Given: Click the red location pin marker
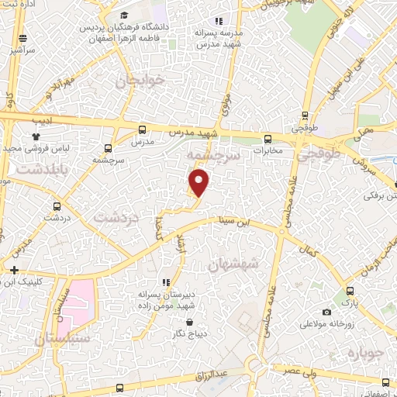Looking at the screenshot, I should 199,183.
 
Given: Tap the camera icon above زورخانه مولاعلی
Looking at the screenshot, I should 327,312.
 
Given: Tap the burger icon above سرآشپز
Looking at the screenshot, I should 23,38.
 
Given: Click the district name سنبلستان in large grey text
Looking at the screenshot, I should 62,339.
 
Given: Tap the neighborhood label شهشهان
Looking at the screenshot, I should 236,266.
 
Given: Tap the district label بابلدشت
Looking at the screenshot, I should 33,167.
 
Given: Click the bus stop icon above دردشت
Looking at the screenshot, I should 56,207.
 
